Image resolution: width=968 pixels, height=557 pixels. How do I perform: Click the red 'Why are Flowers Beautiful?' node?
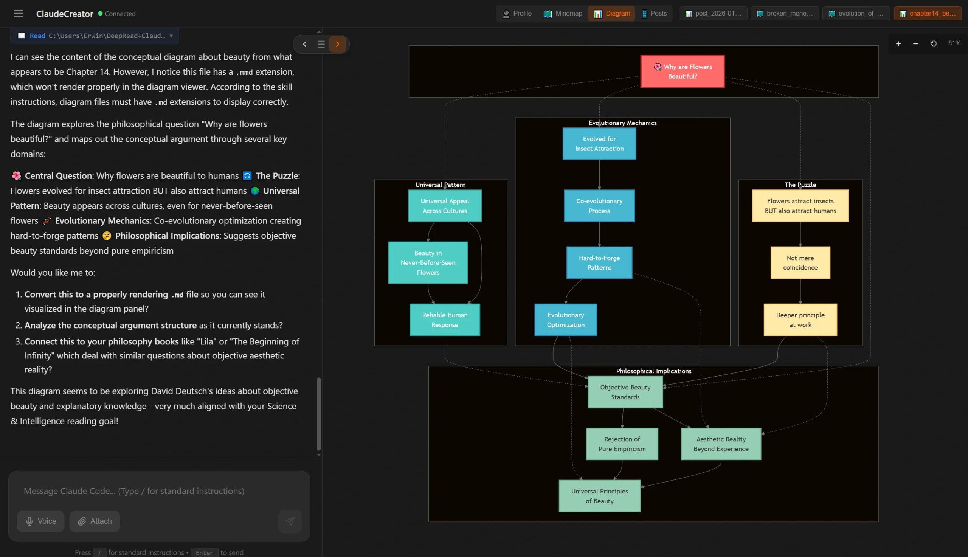682,71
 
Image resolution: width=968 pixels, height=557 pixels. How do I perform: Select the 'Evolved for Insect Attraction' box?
599,143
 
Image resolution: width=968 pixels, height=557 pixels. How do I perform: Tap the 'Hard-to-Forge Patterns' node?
599,262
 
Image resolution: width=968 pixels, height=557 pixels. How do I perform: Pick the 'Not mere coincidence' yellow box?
800,262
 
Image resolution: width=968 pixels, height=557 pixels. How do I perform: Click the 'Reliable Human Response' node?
444,320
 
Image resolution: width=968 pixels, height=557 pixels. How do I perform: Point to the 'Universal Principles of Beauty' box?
599,496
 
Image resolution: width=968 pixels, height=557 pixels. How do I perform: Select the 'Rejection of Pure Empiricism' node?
622,444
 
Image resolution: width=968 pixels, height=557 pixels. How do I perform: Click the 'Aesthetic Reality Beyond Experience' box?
721,444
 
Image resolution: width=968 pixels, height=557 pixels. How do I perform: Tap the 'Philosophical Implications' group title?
653,371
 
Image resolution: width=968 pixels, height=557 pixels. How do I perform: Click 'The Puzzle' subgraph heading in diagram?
800,185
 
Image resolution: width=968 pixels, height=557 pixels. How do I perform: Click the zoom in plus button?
898,43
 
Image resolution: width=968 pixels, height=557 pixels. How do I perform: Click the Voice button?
40,521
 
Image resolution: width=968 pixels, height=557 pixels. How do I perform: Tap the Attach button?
95,521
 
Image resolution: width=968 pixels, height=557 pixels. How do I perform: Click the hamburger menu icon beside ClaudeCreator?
19,13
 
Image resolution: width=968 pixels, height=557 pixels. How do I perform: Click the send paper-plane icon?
290,521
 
